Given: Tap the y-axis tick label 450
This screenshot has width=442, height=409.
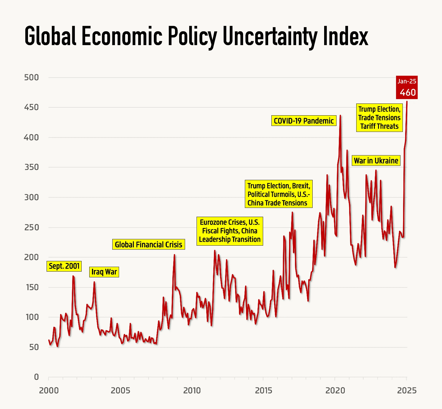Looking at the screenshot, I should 32,107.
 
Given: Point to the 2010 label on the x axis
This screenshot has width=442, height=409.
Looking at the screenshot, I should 192,391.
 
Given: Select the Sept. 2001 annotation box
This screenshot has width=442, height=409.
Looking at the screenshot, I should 64,266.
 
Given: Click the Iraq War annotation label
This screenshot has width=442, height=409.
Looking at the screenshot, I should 104,272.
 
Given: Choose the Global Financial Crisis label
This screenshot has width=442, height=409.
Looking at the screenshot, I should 149,244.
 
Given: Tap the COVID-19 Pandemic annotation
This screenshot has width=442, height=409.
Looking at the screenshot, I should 304,121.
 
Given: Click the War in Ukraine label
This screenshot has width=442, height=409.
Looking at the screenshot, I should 376,161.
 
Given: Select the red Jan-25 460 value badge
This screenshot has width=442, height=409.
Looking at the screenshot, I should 407,88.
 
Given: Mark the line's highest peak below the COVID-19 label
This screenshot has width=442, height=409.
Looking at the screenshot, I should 340,116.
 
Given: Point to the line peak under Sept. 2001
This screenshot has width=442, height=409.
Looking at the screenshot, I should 73,276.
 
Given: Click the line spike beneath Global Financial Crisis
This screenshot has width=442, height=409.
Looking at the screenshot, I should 174,255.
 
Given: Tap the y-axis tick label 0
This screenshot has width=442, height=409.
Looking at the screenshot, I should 37,377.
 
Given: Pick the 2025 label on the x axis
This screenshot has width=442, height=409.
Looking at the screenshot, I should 407,391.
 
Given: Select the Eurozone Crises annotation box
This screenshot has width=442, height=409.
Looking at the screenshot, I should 230,231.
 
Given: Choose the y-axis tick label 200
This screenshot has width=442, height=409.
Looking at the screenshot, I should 32,257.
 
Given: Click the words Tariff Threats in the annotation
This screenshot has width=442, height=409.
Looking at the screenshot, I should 380,127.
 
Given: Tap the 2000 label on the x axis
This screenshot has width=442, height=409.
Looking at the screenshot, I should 49,391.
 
